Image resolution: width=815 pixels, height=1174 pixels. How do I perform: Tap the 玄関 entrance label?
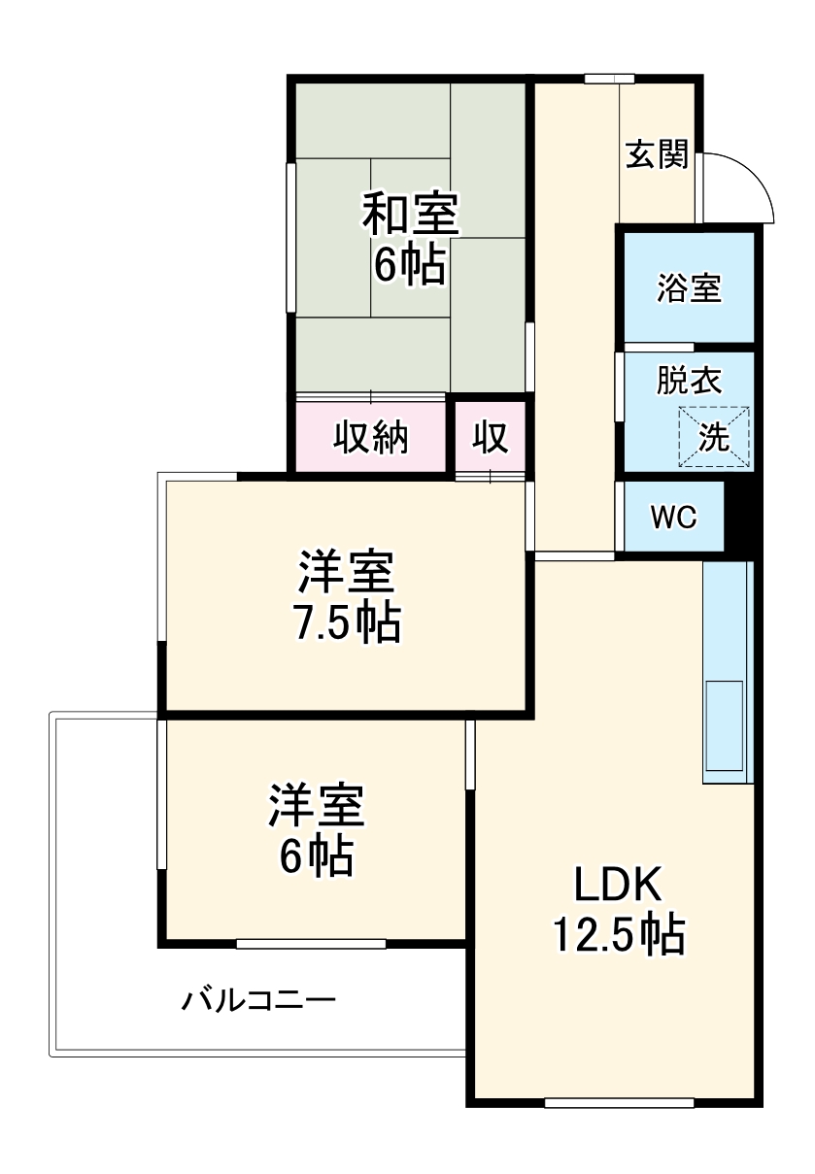pyautogui.click(x=657, y=154)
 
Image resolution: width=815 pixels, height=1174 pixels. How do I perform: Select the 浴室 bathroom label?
pyautogui.click(x=689, y=288)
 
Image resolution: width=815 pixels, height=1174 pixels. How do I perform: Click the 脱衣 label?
pyautogui.click(x=689, y=381)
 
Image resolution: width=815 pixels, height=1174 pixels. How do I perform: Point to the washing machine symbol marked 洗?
pyautogui.click(x=714, y=437)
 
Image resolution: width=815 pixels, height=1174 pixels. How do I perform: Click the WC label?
pyautogui.click(x=673, y=518)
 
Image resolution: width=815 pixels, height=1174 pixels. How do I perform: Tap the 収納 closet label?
pyautogui.click(x=372, y=439)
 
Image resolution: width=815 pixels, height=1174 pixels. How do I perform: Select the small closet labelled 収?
pyautogui.click(x=491, y=439)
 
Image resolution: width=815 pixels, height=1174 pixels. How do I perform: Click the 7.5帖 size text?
pyautogui.click(x=347, y=622)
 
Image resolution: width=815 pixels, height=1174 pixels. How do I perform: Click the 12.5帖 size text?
pyautogui.click(x=619, y=935)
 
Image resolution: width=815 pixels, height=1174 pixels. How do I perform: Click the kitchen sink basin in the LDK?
pyautogui.click(x=724, y=723)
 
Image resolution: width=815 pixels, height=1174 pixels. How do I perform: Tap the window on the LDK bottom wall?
pyautogui.click(x=619, y=1102)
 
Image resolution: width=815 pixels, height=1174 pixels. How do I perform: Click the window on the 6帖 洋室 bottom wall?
pyautogui.click(x=311, y=943)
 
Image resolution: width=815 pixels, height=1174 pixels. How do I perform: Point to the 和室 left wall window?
pyautogui.click(x=290, y=238)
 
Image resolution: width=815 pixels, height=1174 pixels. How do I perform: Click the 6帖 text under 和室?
pyautogui.click(x=410, y=265)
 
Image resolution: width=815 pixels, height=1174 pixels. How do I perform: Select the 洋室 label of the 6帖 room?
pyautogui.click(x=317, y=806)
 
